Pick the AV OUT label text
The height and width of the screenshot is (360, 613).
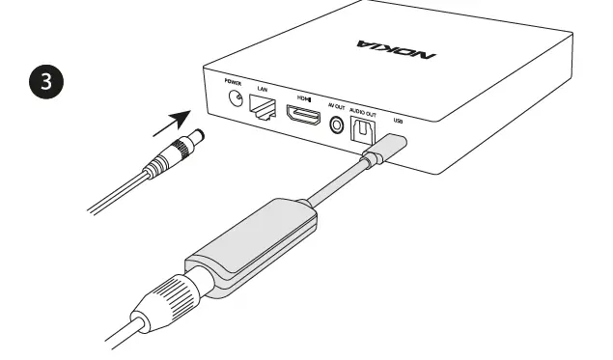[x=336, y=107]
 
